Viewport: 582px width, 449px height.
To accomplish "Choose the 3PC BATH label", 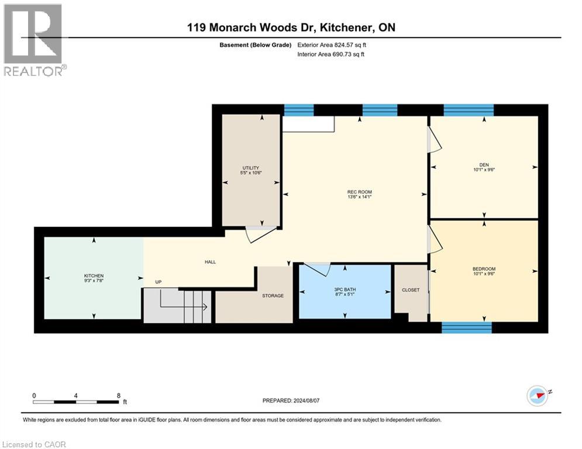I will pyautogui.click(x=344, y=292).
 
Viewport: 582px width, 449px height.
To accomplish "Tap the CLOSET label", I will pyautogui.click(x=411, y=290).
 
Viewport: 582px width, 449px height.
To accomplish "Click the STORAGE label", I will pyautogui.click(x=273, y=296).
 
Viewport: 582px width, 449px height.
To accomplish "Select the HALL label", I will pyautogui.click(x=210, y=262).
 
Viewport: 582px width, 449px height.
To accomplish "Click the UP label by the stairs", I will pyautogui.click(x=158, y=282).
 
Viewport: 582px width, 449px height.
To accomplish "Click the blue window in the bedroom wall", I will pyautogui.click(x=466, y=327).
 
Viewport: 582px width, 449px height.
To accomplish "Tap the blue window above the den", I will pyautogui.click(x=469, y=110).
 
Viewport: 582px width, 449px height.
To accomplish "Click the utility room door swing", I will pyautogui.click(x=259, y=234).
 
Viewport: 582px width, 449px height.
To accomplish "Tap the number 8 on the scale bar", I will pyautogui.click(x=119, y=395).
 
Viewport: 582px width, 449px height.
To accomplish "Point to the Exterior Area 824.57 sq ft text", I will pyautogui.click(x=332, y=44).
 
